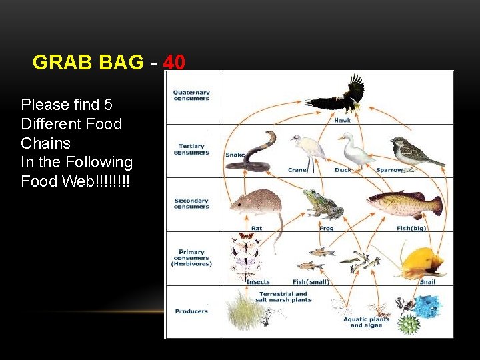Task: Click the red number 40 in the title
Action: pyautogui.click(x=174, y=63)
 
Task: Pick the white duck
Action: pyautogui.click(x=354, y=150)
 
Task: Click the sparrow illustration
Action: pyautogui.click(x=413, y=153)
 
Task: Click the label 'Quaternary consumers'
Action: pyautogui.click(x=191, y=95)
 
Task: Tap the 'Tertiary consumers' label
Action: pyautogui.click(x=193, y=149)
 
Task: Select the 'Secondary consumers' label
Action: pyautogui.click(x=191, y=203)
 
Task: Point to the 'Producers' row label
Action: pyautogui.click(x=191, y=311)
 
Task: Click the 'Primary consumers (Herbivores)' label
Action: pyautogui.click(x=191, y=257)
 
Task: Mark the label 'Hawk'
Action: pyautogui.click(x=342, y=121)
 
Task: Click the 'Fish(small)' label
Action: pyautogui.click(x=311, y=282)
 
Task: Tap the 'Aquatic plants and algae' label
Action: pyautogui.click(x=367, y=322)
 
